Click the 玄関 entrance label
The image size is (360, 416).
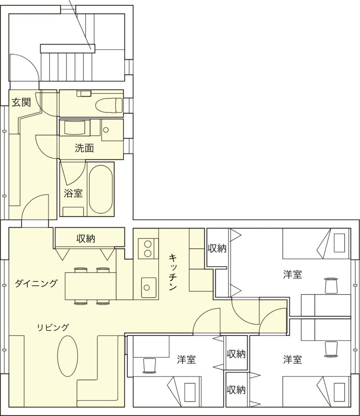click(x=21, y=102)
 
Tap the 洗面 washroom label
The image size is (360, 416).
click(x=84, y=148)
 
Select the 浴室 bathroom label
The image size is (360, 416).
click(x=73, y=193)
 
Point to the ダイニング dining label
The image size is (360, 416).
click(x=36, y=283)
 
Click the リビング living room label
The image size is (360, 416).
click(x=53, y=327)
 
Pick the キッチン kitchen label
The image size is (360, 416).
click(x=173, y=272)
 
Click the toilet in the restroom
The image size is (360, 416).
click(x=109, y=105)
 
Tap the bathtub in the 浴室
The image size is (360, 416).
click(x=101, y=189)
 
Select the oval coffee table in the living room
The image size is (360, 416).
click(x=68, y=356)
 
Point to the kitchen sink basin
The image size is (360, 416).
click(x=149, y=287)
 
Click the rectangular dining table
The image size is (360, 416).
click(x=91, y=286)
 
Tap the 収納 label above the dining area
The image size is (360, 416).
click(x=86, y=238)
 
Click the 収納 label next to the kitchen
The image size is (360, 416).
click(x=217, y=248)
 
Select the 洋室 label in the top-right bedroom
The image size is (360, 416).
click(x=292, y=274)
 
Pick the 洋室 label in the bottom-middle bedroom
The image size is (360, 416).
click(x=186, y=360)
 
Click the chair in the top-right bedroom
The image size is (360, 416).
click(x=331, y=286)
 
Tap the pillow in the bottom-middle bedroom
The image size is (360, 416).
click(x=190, y=392)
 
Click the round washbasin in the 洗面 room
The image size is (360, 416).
click(x=106, y=130)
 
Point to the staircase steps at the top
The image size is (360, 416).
click(x=67, y=66)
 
